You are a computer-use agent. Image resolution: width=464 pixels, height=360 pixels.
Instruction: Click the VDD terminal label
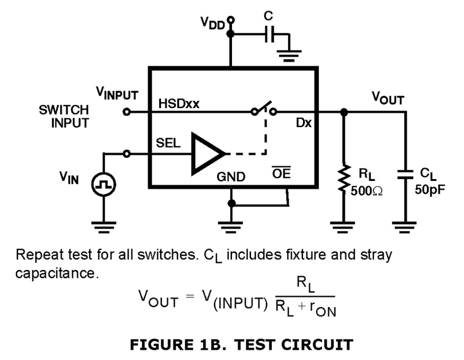[212, 23]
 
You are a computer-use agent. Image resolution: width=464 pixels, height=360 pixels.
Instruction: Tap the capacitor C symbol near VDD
[270, 34]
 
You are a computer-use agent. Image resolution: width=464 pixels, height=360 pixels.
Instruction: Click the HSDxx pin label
[179, 104]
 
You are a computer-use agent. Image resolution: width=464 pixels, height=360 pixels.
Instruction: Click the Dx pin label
[304, 123]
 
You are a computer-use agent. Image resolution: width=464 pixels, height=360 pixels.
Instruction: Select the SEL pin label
[168, 143]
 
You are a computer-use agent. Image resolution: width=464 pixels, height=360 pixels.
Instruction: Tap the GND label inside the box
[231, 177]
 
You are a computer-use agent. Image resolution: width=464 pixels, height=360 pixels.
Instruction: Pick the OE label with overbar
[281, 173]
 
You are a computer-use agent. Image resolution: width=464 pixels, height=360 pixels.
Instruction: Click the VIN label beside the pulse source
[69, 178]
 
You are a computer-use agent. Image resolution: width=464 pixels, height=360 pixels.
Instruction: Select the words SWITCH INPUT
[64, 116]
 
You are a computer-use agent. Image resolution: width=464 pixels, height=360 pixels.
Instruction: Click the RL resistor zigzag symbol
[344, 178]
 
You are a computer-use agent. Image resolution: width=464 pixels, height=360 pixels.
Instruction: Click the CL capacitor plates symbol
[405, 174]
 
